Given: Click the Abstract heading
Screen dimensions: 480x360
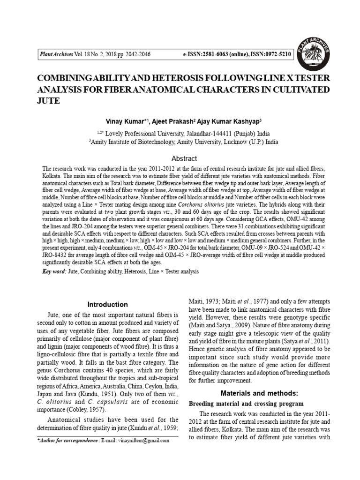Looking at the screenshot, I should tap(184, 158).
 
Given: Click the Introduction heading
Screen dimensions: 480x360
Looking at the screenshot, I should tap(108, 305).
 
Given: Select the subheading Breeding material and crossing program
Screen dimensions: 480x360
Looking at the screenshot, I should tap(246, 403).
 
